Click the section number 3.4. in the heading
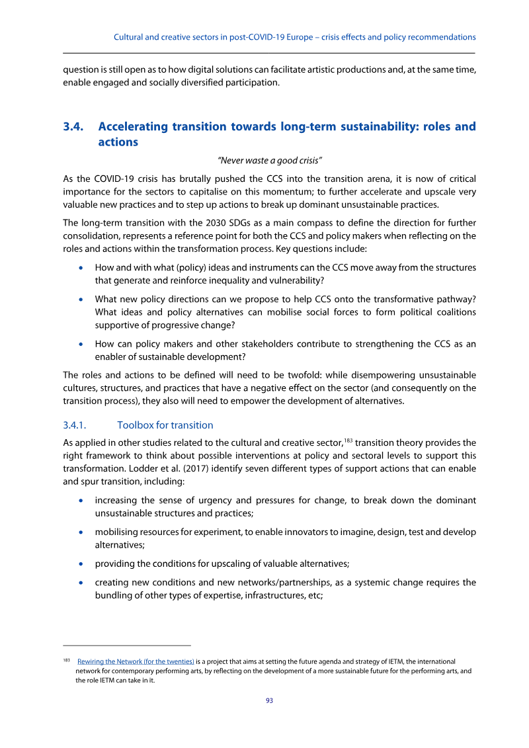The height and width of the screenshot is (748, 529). [x=73, y=126]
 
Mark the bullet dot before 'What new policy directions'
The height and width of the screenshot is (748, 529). [x=81, y=298]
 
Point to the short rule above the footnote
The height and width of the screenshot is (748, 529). [x=127, y=645]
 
